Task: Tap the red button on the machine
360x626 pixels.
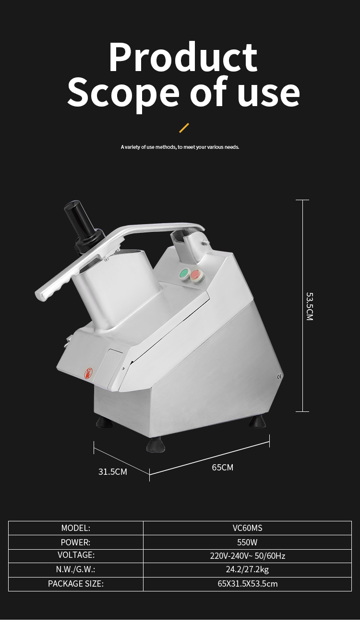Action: pos(196,276)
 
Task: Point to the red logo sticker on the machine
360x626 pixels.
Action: pos(88,373)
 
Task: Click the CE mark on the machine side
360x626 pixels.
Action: pos(280,377)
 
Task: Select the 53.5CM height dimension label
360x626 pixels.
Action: pos(310,306)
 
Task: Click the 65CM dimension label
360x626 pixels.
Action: pos(223,467)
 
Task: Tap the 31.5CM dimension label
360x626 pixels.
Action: pos(113,471)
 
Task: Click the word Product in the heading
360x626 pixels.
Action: pos(183,58)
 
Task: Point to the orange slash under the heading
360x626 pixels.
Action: pos(184,128)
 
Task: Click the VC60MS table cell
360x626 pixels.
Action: pos(247,528)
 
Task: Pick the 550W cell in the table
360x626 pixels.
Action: pos(247,542)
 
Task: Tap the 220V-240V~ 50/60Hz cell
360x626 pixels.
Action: pos(247,556)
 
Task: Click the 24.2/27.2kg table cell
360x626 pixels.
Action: pos(247,570)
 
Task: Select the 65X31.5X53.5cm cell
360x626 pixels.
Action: pos(247,584)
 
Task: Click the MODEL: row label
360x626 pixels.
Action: pos(76,528)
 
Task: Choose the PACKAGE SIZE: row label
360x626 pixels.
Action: pos(76,584)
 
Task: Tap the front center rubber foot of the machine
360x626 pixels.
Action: pos(156,445)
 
